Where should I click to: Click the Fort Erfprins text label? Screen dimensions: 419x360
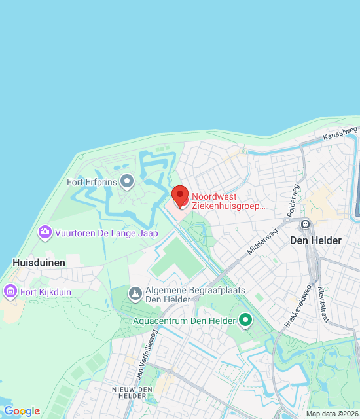[x=92, y=182]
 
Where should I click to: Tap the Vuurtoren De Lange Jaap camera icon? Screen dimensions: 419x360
[x=45, y=232]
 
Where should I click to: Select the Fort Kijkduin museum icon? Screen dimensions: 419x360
[x=10, y=290]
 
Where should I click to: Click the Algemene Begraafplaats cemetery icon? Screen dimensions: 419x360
[x=135, y=293]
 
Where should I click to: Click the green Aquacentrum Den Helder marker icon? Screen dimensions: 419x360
[x=245, y=320]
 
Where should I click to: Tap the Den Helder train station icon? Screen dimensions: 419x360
[x=305, y=225]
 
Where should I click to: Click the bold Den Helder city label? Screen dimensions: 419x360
[x=316, y=240]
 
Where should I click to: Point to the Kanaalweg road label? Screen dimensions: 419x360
[x=340, y=133]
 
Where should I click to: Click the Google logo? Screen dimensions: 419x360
[x=22, y=411]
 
